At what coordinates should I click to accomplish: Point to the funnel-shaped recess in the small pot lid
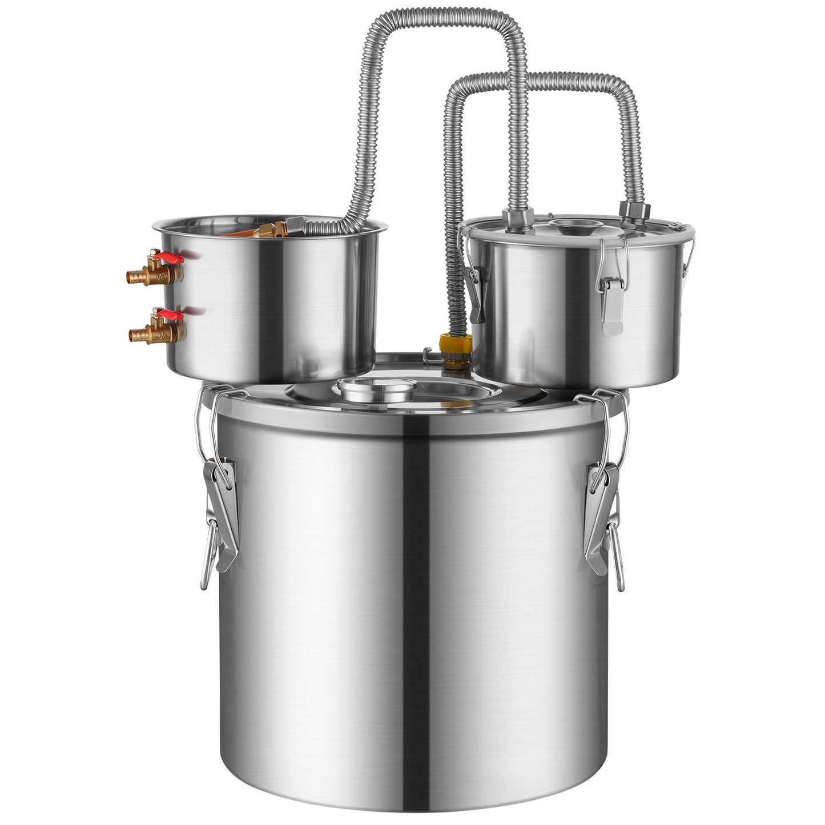[572, 227]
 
